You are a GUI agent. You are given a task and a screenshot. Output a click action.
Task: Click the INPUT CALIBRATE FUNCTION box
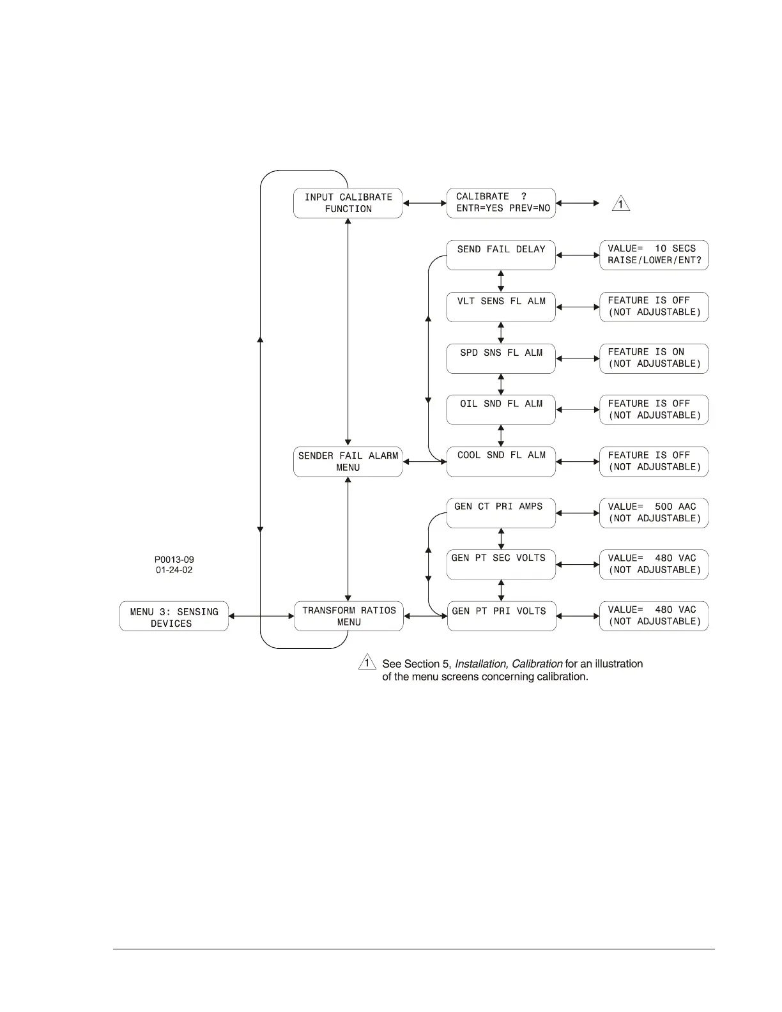[x=348, y=203]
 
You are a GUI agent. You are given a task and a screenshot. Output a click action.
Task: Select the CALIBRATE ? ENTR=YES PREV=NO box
[x=501, y=203]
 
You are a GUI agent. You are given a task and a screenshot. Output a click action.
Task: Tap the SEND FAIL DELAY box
[x=501, y=255]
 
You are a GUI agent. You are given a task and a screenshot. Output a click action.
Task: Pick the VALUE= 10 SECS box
[x=654, y=255]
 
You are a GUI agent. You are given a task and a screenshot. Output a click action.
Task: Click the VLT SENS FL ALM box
[x=501, y=307]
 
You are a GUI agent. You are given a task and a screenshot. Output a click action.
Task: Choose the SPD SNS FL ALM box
[x=501, y=358]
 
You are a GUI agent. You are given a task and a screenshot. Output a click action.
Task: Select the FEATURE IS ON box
[x=654, y=358]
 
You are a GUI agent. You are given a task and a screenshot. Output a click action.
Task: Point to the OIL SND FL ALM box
[x=501, y=410]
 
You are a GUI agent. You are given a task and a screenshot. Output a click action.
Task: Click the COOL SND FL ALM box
[x=501, y=461]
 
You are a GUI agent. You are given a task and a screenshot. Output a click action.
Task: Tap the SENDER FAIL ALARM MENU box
[x=348, y=461]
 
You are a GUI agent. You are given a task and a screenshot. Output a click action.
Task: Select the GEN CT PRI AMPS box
[x=501, y=513]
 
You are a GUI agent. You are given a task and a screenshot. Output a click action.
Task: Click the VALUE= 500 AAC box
[x=654, y=513]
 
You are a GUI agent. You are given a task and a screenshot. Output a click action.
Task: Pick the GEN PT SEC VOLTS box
[x=501, y=565]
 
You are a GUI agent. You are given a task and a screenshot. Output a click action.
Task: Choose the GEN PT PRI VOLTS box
[x=502, y=616]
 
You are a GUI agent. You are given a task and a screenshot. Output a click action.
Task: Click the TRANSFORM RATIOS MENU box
[x=348, y=616]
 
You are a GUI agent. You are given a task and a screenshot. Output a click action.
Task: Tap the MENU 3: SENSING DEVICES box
[x=174, y=617]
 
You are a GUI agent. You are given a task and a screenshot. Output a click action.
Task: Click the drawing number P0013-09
[x=174, y=560]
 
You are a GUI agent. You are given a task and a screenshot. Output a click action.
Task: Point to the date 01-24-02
[x=174, y=570]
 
